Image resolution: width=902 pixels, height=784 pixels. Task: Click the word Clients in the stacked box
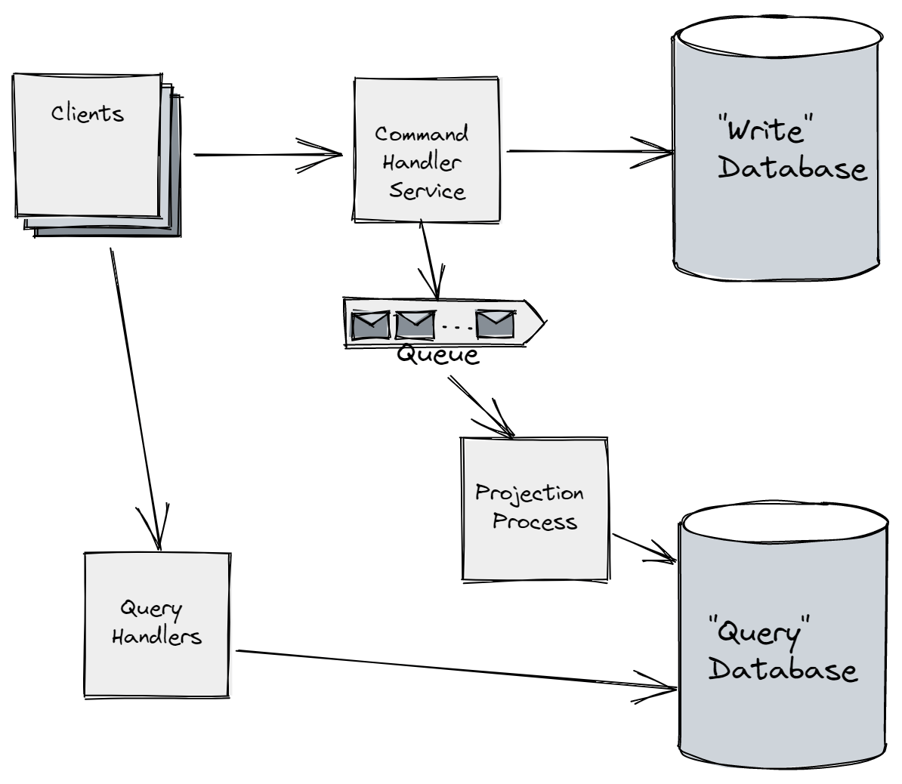[x=88, y=113]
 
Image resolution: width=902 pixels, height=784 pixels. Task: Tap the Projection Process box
[x=535, y=508]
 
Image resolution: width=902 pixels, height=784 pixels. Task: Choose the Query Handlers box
[x=156, y=625]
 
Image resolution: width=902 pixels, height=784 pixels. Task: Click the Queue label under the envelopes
[x=437, y=354]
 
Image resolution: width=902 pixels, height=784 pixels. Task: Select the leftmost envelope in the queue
[x=370, y=324]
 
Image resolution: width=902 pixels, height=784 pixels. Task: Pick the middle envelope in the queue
[x=415, y=324]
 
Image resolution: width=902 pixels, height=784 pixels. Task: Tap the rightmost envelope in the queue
[x=495, y=324]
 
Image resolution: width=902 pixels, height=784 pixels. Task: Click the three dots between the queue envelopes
[x=455, y=327]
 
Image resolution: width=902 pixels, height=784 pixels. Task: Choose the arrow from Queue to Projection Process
[x=481, y=406]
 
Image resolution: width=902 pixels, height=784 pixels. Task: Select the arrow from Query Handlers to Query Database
[x=453, y=669]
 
